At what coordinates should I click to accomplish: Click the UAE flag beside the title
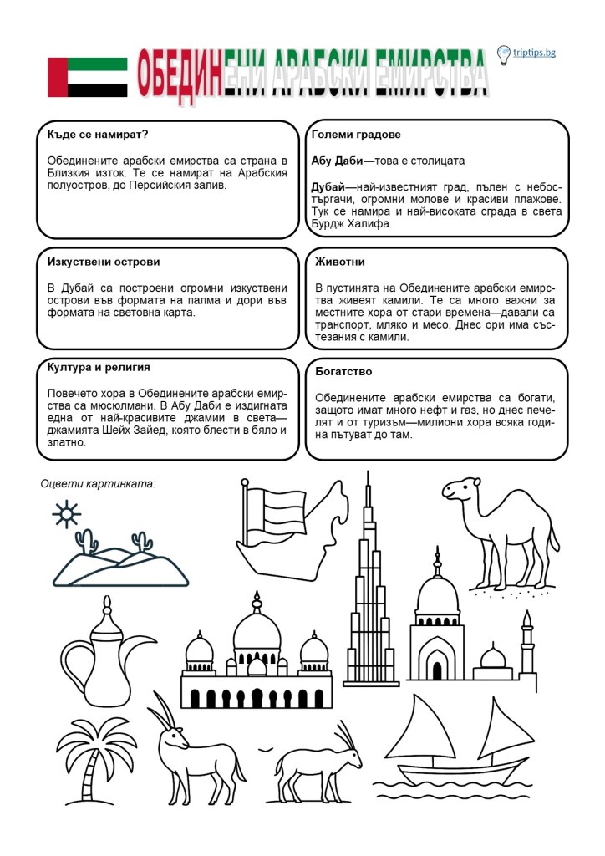tap(88, 77)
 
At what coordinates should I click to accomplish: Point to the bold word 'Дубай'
tap(328, 186)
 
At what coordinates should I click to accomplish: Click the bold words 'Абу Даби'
tap(333, 160)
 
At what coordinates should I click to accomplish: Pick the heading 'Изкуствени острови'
tap(104, 262)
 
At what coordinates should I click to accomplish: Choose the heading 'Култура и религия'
tap(99, 367)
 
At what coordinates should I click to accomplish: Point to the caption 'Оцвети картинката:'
tap(99, 483)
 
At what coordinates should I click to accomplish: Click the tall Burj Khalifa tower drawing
tap(367, 594)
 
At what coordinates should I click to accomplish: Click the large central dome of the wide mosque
tap(257, 639)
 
